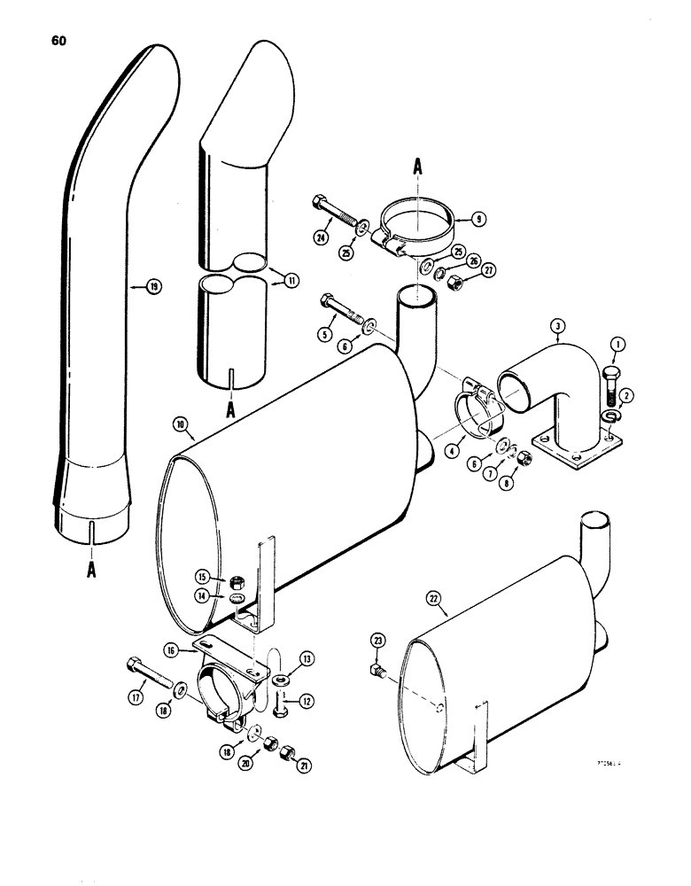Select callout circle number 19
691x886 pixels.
click(x=154, y=286)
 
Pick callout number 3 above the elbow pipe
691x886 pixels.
click(x=557, y=327)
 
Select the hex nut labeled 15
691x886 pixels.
click(x=237, y=581)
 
